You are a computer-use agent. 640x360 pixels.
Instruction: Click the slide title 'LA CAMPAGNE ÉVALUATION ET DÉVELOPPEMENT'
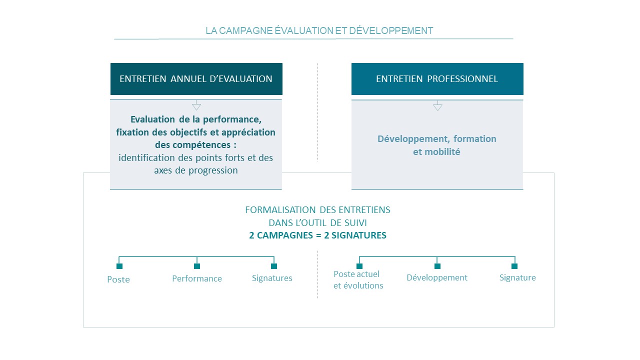319,30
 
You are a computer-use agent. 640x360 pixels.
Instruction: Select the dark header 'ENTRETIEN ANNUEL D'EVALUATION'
196,79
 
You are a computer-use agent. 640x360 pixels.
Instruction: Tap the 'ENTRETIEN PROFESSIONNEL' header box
437,79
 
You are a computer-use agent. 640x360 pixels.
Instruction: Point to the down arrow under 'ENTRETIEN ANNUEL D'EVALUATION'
196,105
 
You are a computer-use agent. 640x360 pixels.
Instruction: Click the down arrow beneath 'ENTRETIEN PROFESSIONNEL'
437,105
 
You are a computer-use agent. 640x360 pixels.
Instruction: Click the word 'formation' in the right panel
474,139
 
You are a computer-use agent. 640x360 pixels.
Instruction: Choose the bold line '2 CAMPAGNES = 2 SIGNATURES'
317,235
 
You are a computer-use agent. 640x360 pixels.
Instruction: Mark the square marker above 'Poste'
119,266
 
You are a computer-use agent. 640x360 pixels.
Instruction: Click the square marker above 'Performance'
197,266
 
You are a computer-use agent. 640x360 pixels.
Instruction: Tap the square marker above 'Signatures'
274,266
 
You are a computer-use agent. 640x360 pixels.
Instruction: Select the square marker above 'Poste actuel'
359,266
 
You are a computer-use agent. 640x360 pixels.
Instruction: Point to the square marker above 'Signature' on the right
514,266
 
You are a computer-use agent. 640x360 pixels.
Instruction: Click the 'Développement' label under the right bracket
437,277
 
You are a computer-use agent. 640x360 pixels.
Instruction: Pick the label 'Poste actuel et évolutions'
358,279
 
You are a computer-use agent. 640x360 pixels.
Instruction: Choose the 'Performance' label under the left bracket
197,278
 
